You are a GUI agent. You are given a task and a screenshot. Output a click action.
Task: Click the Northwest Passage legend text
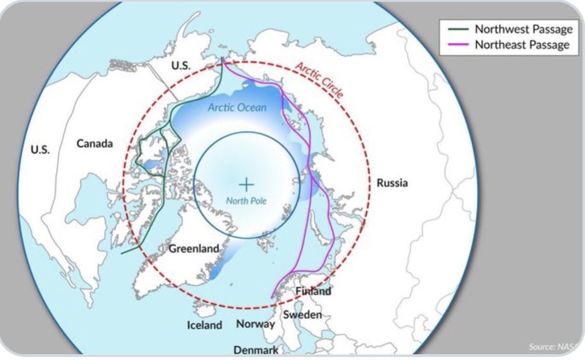(x=523, y=29)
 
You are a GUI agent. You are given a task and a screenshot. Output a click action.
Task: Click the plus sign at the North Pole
(x=246, y=185)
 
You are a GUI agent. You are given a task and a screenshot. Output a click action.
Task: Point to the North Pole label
(x=246, y=201)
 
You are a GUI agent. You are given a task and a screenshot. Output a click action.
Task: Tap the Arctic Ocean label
(x=237, y=107)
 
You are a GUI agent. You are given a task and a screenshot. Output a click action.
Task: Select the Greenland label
(x=192, y=248)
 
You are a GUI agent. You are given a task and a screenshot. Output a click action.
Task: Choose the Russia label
(x=393, y=183)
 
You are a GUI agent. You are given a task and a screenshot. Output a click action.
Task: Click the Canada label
(x=95, y=143)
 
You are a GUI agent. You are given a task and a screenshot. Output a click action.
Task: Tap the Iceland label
(x=204, y=325)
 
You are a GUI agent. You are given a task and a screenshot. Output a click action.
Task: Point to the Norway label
(x=255, y=324)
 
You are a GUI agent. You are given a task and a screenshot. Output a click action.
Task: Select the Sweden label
(x=303, y=315)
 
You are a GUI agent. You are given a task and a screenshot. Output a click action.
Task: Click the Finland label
(x=313, y=291)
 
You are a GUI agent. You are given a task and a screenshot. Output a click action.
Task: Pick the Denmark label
(x=256, y=350)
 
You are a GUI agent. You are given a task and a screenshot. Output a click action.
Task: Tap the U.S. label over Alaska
(x=181, y=66)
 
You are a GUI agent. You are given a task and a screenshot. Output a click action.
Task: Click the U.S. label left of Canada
(x=40, y=149)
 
